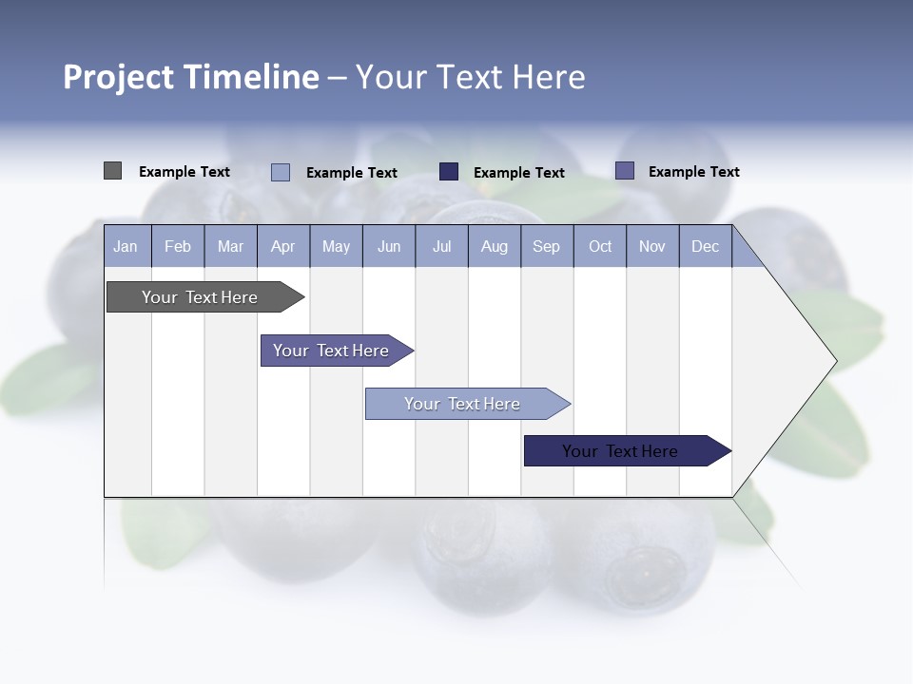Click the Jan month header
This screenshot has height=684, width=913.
tap(126, 246)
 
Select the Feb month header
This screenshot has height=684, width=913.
tap(178, 246)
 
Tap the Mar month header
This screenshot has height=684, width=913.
tap(230, 246)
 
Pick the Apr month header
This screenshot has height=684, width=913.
tap(283, 246)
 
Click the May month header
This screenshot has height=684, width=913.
tap(336, 246)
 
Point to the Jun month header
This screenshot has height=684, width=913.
tap(389, 246)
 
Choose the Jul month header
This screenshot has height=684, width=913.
tap(441, 246)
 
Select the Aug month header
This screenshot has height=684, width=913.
tap(495, 246)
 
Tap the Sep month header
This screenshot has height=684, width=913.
tap(547, 246)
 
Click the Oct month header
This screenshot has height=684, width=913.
tap(600, 246)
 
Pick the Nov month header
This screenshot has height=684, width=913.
tap(652, 246)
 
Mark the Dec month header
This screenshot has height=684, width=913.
tap(706, 246)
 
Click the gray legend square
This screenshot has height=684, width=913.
tap(112, 171)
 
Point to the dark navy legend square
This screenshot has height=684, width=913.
tap(449, 172)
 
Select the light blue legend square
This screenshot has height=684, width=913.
tap(281, 172)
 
